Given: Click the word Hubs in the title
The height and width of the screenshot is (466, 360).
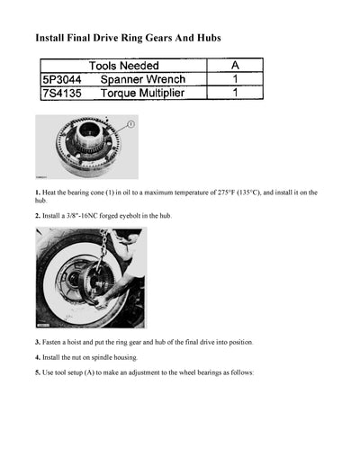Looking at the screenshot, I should (205, 39).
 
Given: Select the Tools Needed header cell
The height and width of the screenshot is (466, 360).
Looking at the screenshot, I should (123, 66).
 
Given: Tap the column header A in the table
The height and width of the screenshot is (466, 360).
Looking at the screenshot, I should (234, 66).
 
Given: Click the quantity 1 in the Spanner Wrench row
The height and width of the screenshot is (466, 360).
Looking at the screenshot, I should (234, 79).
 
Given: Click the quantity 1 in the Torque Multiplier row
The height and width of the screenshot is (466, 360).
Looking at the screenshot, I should (234, 93).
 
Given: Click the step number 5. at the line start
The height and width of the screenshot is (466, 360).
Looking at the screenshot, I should (37, 372).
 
